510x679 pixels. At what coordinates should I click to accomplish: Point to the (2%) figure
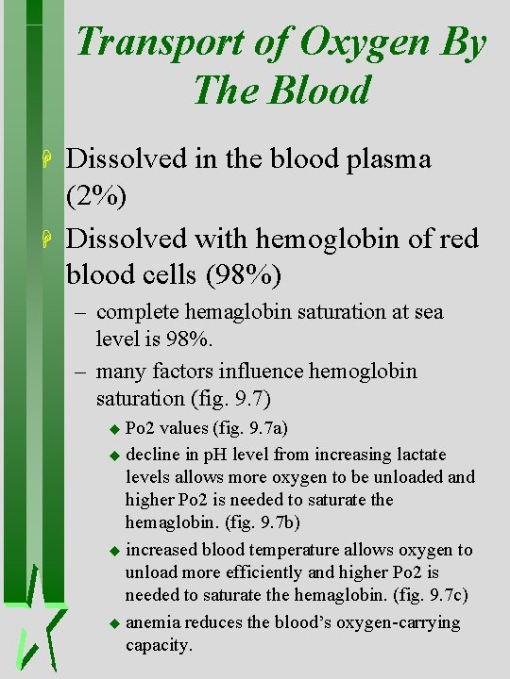pyautogui.click(x=99, y=195)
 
